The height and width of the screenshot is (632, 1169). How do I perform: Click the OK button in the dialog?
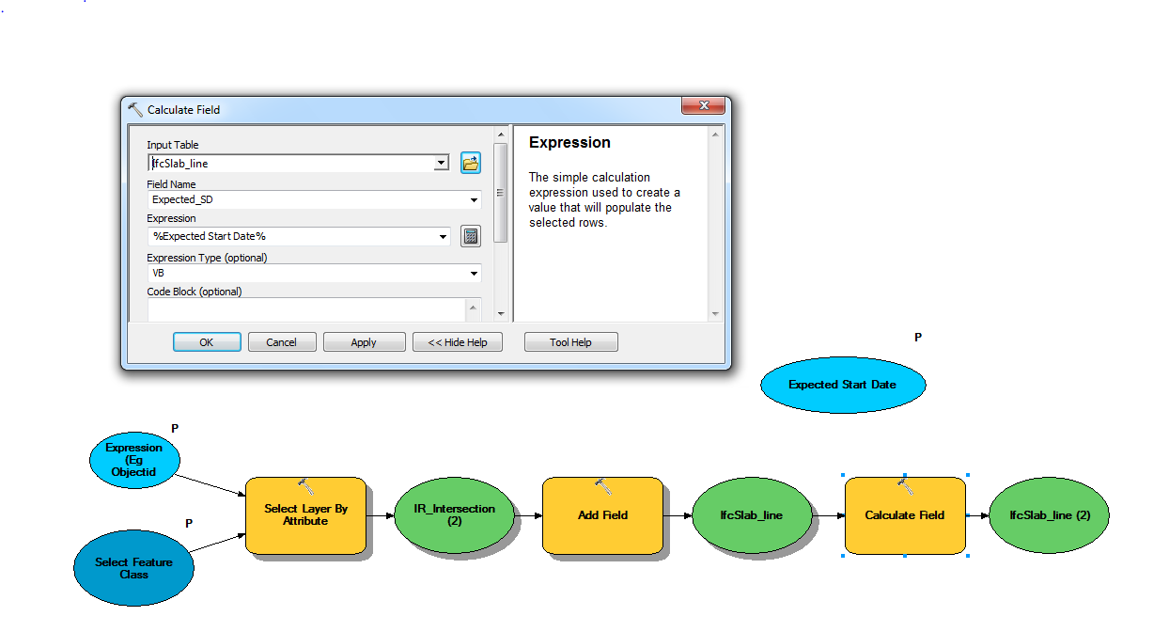coord(207,342)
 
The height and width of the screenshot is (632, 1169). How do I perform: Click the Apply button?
coord(364,342)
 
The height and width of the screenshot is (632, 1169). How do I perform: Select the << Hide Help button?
coord(457,342)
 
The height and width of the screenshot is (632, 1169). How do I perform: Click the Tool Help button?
coord(571,342)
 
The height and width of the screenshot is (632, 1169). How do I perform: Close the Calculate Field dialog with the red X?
coord(703,105)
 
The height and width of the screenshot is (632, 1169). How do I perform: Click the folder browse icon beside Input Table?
coord(470,163)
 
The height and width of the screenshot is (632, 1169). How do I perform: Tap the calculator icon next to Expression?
coord(470,236)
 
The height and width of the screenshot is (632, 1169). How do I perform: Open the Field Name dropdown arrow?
coord(474,200)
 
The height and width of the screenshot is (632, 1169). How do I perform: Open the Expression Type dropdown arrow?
coord(474,273)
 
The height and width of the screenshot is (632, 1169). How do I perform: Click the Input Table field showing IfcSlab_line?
coord(292,164)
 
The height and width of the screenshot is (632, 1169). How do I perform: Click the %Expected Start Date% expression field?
coord(293,236)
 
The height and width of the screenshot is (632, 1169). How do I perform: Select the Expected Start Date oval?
coord(843,385)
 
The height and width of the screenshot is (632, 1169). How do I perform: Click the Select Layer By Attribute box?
coord(305,515)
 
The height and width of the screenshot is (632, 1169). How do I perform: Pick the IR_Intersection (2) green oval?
coord(454,515)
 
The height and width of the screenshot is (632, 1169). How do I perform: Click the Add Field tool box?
coord(602,515)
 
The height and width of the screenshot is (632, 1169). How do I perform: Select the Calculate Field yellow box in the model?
coord(905,515)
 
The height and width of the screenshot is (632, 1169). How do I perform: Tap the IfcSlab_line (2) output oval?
coord(1050,515)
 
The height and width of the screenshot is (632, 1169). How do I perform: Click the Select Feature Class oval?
coord(133,568)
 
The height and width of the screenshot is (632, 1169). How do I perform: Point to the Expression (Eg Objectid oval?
coord(134,460)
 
